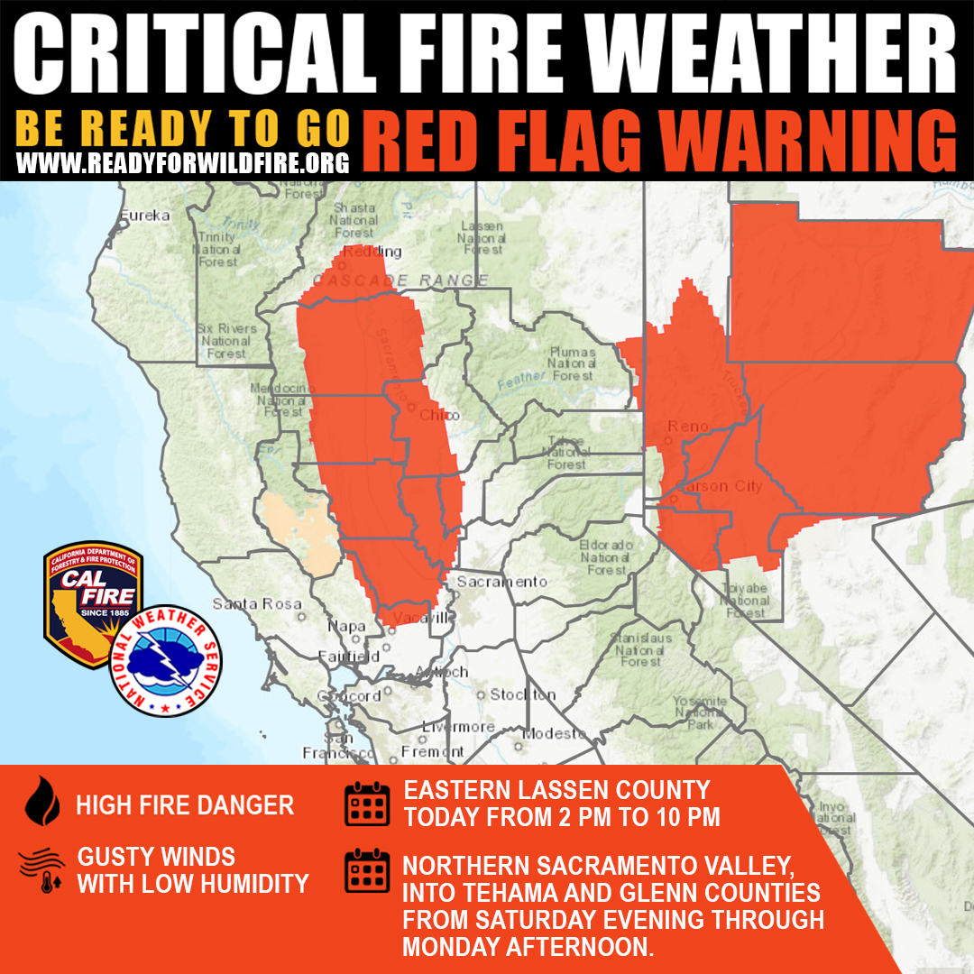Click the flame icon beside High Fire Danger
tap(41, 803)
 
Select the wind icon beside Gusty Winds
tap(41, 870)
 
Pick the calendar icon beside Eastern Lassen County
tap(367, 804)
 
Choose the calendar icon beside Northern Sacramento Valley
tap(367, 870)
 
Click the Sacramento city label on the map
tap(501, 582)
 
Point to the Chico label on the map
tap(439, 415)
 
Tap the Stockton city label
tap(523, 694)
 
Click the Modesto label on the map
tap(554, 733)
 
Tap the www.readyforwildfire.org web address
tap(182, 163)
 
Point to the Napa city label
tap(347, 626)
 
